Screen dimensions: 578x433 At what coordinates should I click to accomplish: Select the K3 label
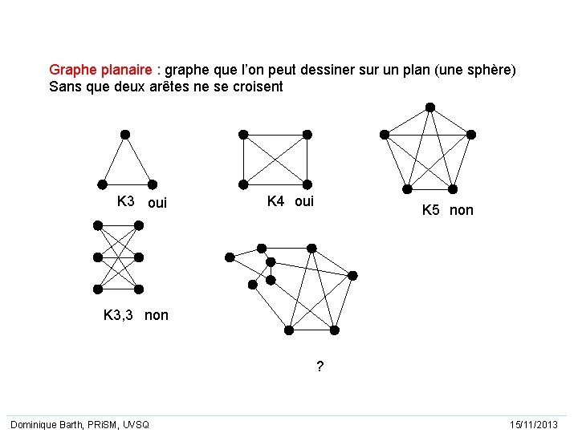tap(126, 201)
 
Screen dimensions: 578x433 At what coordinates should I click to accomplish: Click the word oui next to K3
tap(157, 203)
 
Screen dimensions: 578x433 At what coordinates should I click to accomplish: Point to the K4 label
tap(275, 201)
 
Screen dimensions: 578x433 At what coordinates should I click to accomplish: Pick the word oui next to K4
tap(304, 201)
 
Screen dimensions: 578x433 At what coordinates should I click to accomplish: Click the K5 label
tap(431, 210)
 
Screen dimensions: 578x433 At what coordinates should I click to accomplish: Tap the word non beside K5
tap(462, 210)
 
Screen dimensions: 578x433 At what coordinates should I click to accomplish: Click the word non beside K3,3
tap(157, 315)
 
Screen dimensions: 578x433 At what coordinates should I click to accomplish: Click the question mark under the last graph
tap(320, 367)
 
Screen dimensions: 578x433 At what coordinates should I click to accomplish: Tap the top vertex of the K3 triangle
tap(124, 135)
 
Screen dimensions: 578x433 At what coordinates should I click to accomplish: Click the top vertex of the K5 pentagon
tap(430, 107)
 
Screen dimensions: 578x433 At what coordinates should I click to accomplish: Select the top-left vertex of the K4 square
tap(242, 135)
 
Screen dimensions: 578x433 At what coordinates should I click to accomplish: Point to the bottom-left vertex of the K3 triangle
tap(102, 184)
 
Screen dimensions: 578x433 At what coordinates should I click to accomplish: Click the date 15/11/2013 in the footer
tap(532, 423)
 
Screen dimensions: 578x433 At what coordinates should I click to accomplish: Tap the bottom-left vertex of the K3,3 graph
tap(98, 289)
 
